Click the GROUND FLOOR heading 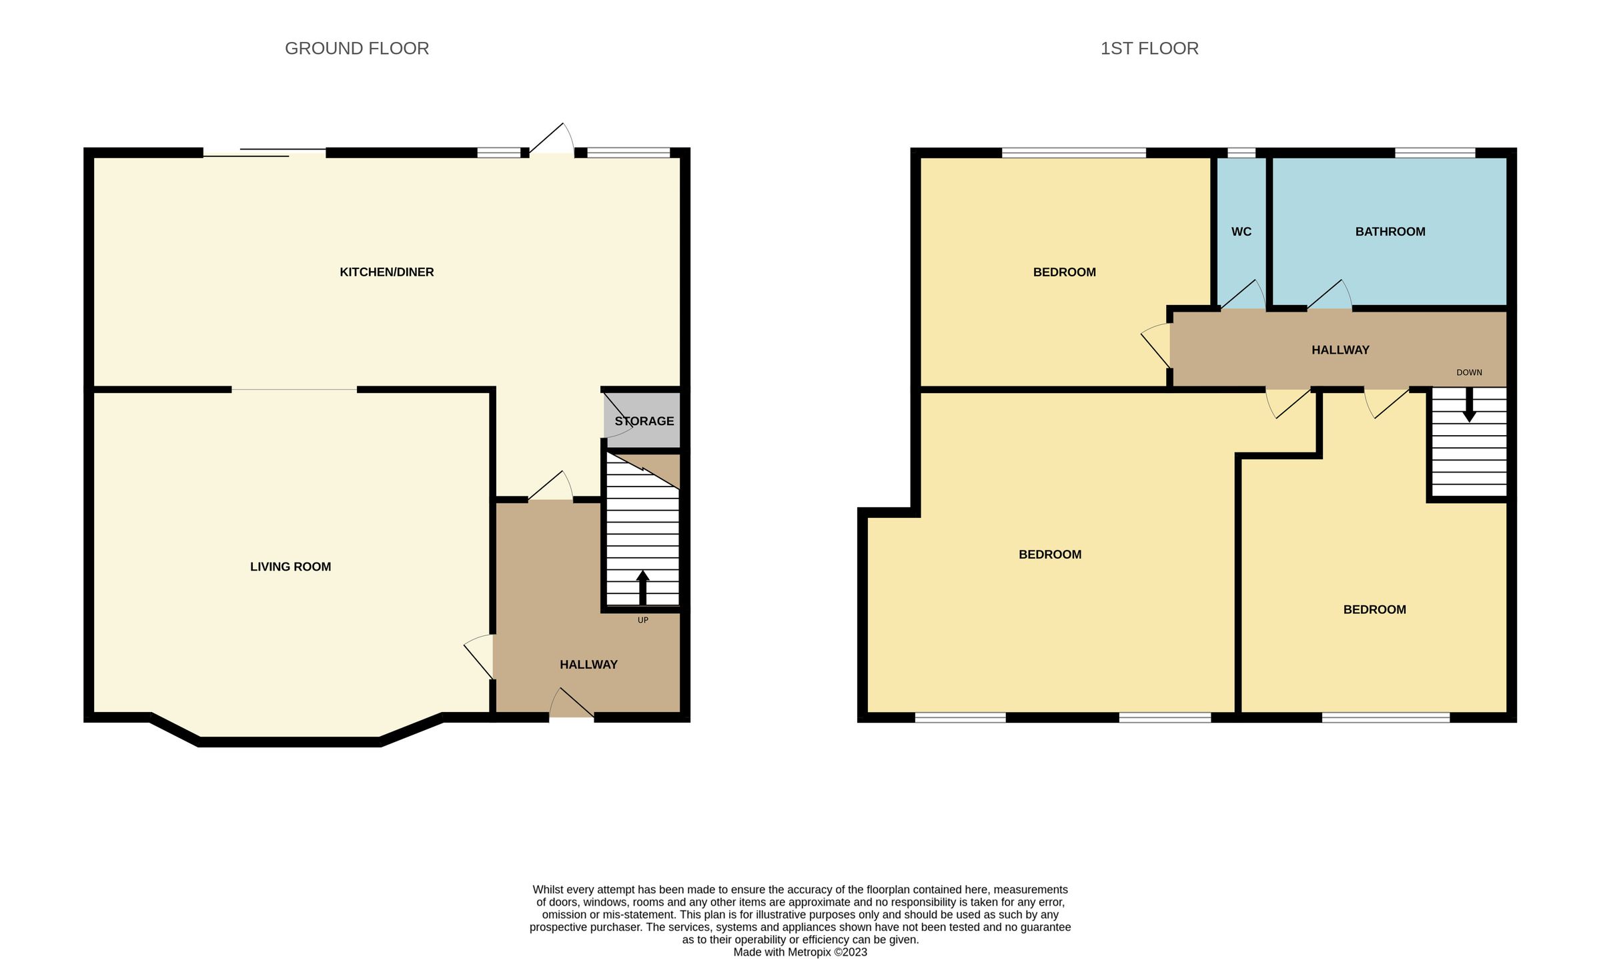click(x=357, y=49)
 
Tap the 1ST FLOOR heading click(x=1149, y=49)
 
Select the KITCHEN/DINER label click(x=386, y=272)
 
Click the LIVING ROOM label click(x=290, y=567)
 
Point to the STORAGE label click(x=644, y=421)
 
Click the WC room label click(x=1241, y=232)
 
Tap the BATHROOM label click(x=1390, y=232)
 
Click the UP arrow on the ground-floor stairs click(x=642, y=587)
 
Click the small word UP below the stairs click(x=642, y=620)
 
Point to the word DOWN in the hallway click(x=1469, y=372)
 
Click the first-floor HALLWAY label click(x=1340, y=350)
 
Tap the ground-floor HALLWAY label click(x=588, y=665)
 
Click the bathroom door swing click(x=1329, y=296)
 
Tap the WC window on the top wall click(x=1241, y=153)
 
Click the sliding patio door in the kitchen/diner click(x=265, y=153)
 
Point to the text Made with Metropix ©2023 click(x=800, y=952)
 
